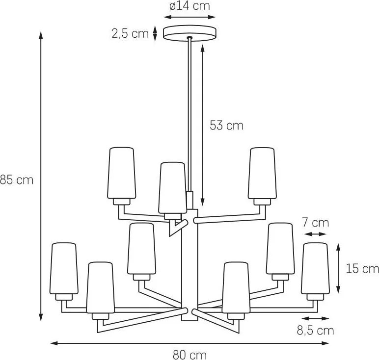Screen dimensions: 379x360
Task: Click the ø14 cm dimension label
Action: coord(189,6)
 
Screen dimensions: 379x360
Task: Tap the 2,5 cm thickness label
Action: coord(130,33)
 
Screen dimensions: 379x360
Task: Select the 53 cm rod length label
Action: coord(226,126)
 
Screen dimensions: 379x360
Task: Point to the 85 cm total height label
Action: coord(16,180)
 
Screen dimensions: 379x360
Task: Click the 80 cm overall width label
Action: coord(189,355)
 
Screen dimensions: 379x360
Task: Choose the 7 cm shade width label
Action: coord(316,223)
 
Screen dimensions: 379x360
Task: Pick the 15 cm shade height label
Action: coord(362,268)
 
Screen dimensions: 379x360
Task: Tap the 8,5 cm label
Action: coord(315,330)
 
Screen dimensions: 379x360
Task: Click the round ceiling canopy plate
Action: coord(189,33)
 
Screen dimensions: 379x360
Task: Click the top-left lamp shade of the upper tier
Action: coord(122,173)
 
